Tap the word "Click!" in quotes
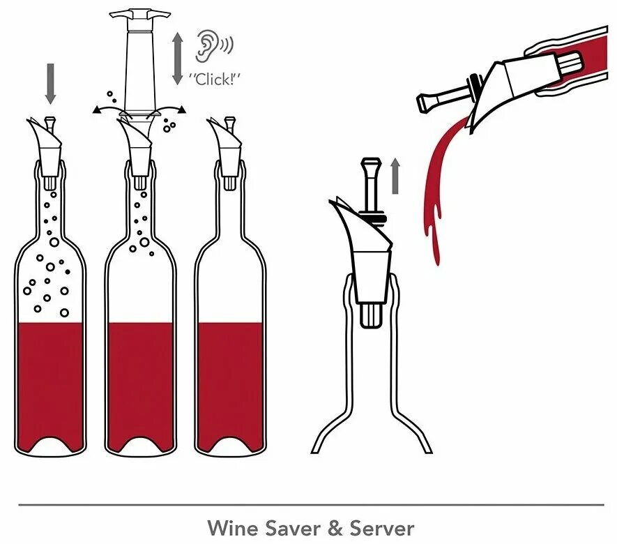[x=215, y=78]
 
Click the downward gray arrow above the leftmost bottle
[x=49, y=83]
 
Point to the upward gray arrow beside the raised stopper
[x=395, y=175]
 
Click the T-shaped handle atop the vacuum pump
[x=140, y=13]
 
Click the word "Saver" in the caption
[x=291, y=527]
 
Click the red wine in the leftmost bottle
[x=49, y=384]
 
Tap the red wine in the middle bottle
[x=139, y=384]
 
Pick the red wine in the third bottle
[x=229, y=384]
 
